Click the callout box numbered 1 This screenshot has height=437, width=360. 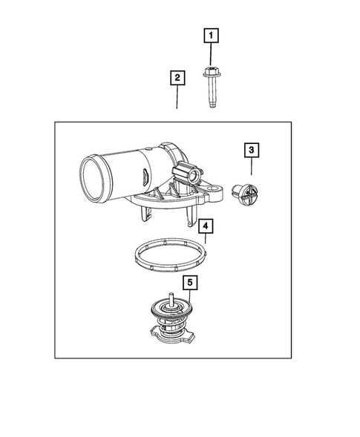211,35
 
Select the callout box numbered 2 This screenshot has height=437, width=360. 177,77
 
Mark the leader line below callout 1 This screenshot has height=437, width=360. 211,55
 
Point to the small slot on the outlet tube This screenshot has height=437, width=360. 141,178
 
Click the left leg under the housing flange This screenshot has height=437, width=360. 143,215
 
